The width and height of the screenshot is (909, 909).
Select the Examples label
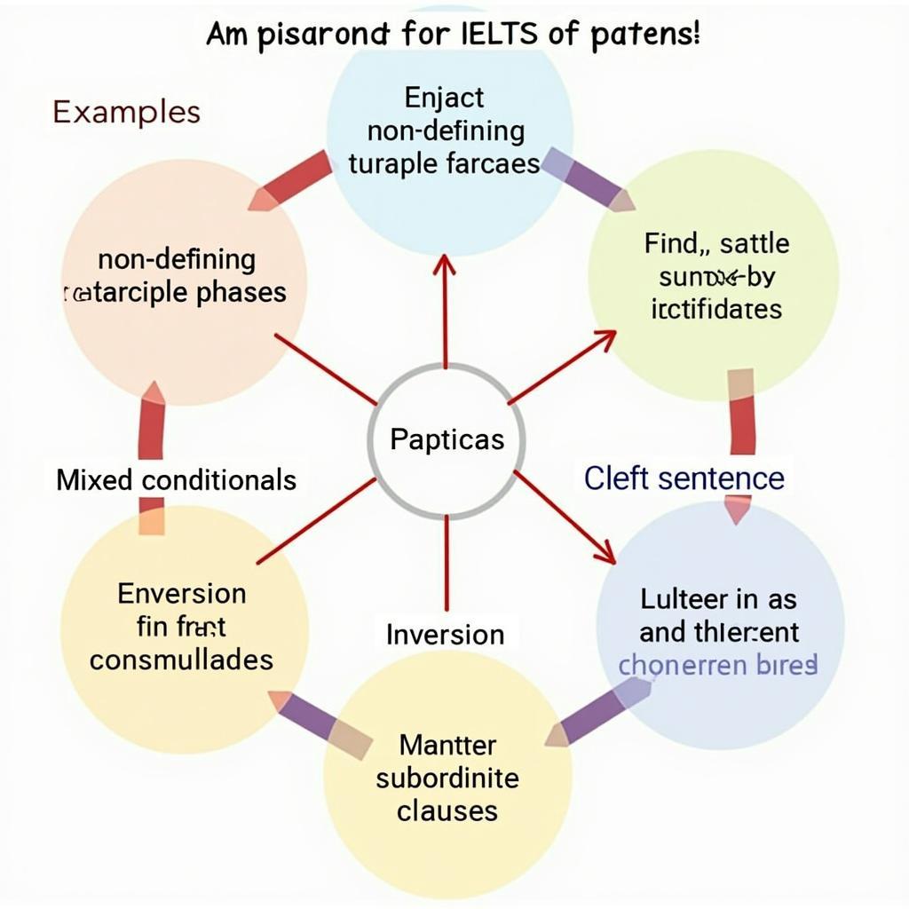tap(126, 112)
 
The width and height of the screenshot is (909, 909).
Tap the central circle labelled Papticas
tap(447, 439)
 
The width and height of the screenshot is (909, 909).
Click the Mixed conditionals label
tap(176, 480)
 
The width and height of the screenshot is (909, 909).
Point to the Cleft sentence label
tap(684, 478)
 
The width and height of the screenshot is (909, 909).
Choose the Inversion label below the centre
tap(445, 634)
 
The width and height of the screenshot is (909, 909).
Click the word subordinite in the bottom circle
tap(447, 778)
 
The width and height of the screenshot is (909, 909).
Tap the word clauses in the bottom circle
tap(447, 810)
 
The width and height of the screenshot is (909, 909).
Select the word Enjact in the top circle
tap(445, 97)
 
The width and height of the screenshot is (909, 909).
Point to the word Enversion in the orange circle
tap(181, 593)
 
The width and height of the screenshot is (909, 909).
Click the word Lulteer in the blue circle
tap(684, 599)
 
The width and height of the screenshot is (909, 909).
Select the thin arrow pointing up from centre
tap(445, 311)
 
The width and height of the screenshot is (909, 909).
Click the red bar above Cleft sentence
tap(741, 413)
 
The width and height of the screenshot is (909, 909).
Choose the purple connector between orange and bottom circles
tap(322, 724)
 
